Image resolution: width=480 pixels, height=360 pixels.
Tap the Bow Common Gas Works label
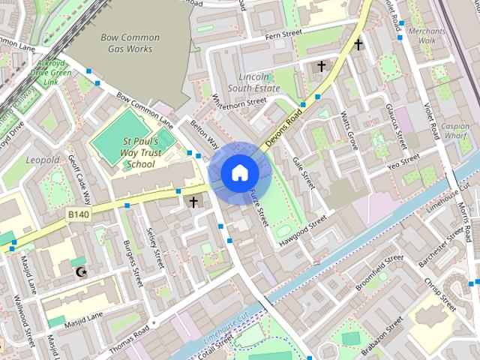(x=130, y=43)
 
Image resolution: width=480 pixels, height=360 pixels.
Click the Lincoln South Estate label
(x=259, y=82)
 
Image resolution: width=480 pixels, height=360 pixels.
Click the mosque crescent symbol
(x=82, y=271)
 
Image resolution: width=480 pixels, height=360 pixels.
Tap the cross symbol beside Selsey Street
(x=193, y=202)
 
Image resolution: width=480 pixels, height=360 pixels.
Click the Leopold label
(x=43, y=160)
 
